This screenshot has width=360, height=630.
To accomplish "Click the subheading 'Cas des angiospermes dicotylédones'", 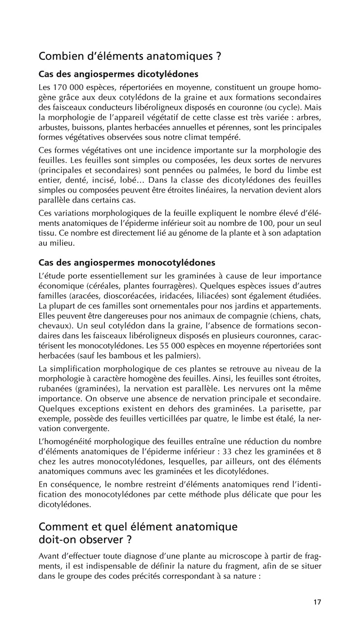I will pos(119,73).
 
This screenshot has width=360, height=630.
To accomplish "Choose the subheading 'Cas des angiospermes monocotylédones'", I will pos(127,262).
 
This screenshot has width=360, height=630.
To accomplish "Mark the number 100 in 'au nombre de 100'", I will pos(273,223).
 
